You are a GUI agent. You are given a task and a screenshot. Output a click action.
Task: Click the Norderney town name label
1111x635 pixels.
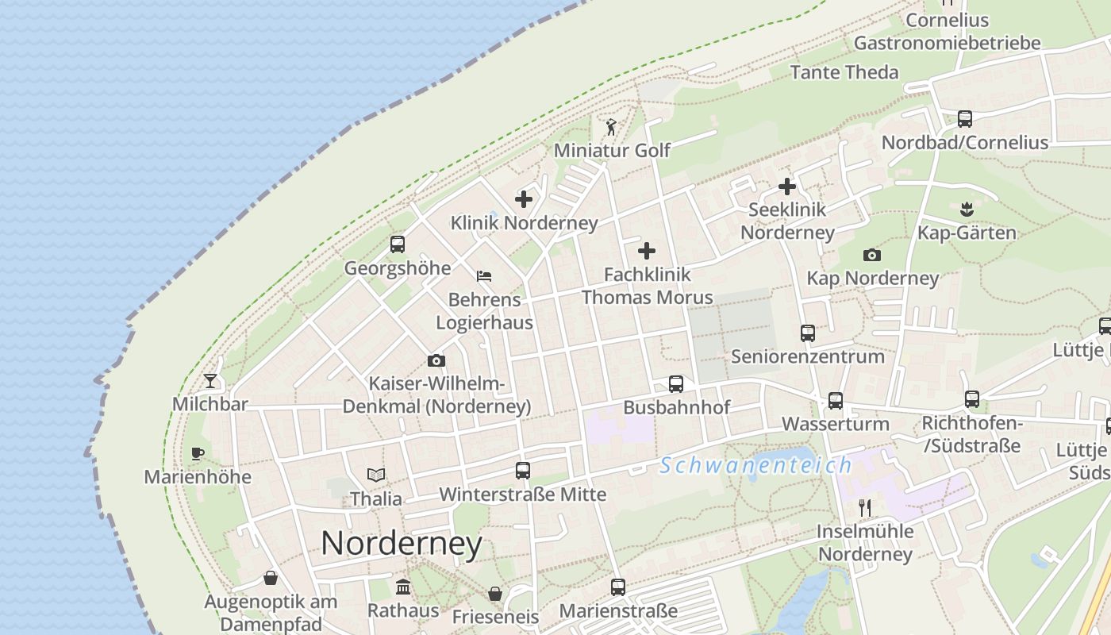click(x=402, y=544)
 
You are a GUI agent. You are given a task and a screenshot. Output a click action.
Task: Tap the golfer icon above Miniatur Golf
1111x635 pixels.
click(x=611, y=127)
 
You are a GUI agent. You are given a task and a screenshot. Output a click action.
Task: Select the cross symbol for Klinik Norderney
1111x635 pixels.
click(x=524, y=199)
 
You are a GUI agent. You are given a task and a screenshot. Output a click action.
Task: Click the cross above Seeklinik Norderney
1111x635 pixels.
click(x=787, y=187)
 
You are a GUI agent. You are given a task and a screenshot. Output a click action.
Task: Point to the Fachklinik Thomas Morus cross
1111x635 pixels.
click(x=647, y=252)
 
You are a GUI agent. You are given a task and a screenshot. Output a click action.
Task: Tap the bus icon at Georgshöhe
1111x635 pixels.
click(x=398, y=244)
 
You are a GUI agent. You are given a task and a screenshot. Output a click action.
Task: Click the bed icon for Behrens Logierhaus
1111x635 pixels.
click(x=484, y=276)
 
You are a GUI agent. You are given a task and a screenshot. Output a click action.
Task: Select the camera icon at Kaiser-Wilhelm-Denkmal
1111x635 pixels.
click(x=436, y=361)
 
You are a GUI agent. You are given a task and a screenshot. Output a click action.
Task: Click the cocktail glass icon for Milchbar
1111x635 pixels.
click(x=210, y=381)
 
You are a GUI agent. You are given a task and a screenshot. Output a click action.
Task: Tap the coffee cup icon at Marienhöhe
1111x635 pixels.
click(x=198, y=454)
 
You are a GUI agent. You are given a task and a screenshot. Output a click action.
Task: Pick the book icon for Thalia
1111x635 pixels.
click(x=376, y=475)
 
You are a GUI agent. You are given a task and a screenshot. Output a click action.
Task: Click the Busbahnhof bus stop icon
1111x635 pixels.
click(x=676, y=384)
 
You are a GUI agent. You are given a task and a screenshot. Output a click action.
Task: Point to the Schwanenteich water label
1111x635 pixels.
click(x=755, y=465)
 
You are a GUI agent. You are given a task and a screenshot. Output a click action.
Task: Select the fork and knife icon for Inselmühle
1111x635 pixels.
click(x=865, y=508)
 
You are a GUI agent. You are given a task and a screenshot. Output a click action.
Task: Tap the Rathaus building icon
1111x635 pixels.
click(x=403, y=587)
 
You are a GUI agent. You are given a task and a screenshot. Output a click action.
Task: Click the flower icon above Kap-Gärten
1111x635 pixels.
click(x=967, y=210)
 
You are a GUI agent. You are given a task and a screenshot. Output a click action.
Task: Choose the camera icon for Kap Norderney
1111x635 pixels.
click(x=872, y=255)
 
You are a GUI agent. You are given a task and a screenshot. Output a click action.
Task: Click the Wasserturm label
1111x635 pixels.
click(x=836, y=424)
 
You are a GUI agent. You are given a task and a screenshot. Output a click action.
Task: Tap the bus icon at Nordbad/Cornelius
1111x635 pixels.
click(x=965, y=119)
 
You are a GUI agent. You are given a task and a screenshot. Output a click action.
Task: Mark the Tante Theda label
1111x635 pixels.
click(x=844, y=72)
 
